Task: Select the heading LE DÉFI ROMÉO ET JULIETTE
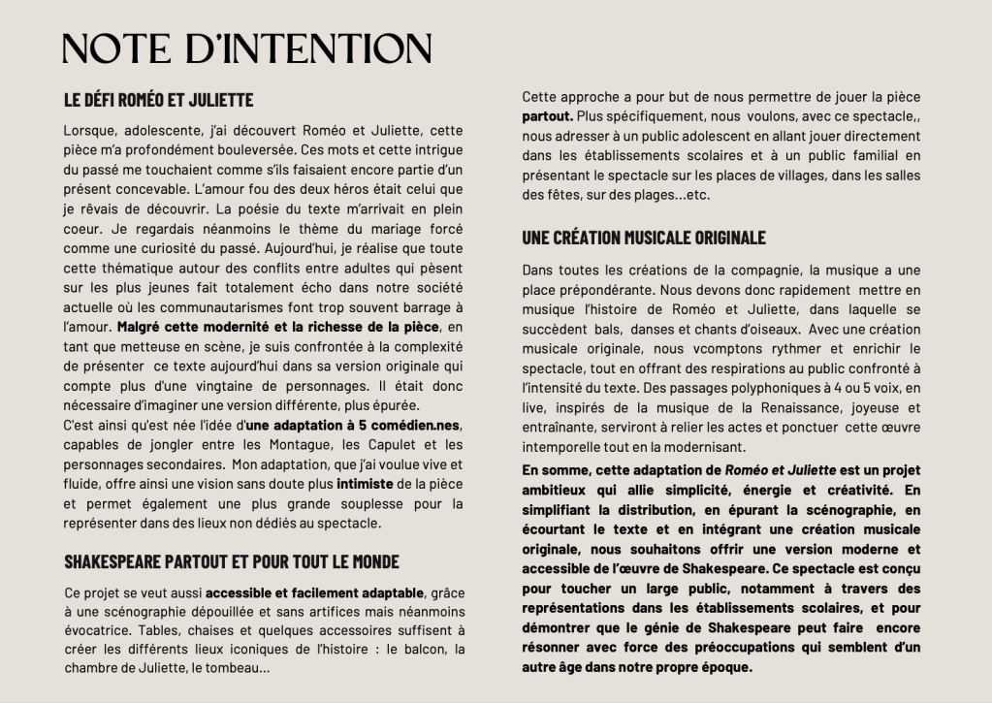pyautogui.click(x=158, y=100)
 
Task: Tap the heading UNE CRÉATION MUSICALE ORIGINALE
pyautogui.click(x=644, y=238)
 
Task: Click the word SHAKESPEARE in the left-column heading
pyautogui.click(x=123, y=562)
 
